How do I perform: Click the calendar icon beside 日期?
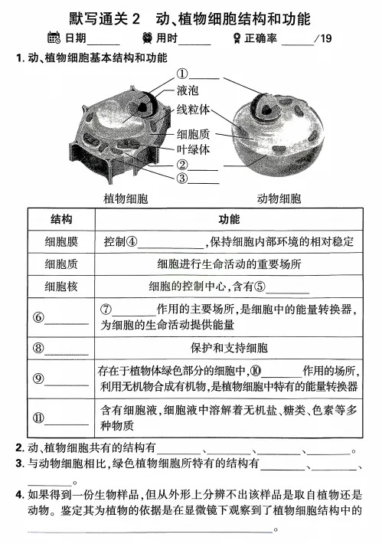coord(54,38)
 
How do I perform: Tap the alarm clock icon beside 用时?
coord(146,38)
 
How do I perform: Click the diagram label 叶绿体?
coord(193,149)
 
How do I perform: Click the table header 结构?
coord(60,220)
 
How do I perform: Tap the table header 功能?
coord(229,220)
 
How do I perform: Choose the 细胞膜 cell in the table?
coord(60,242)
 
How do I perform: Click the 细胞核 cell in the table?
coord(60,287)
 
